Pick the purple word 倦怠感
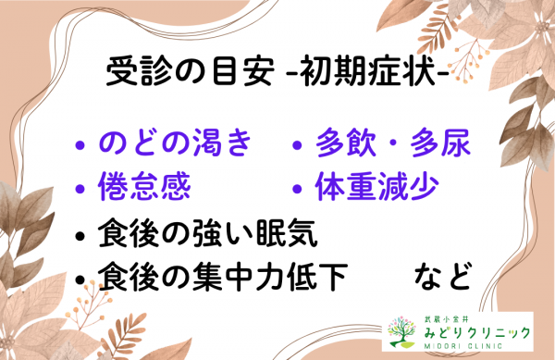click(x=144, y=188)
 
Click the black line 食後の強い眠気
click(x=209, y=234)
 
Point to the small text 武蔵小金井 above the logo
click(x=450, y=315)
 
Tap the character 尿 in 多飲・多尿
click(x=454, y=143)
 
